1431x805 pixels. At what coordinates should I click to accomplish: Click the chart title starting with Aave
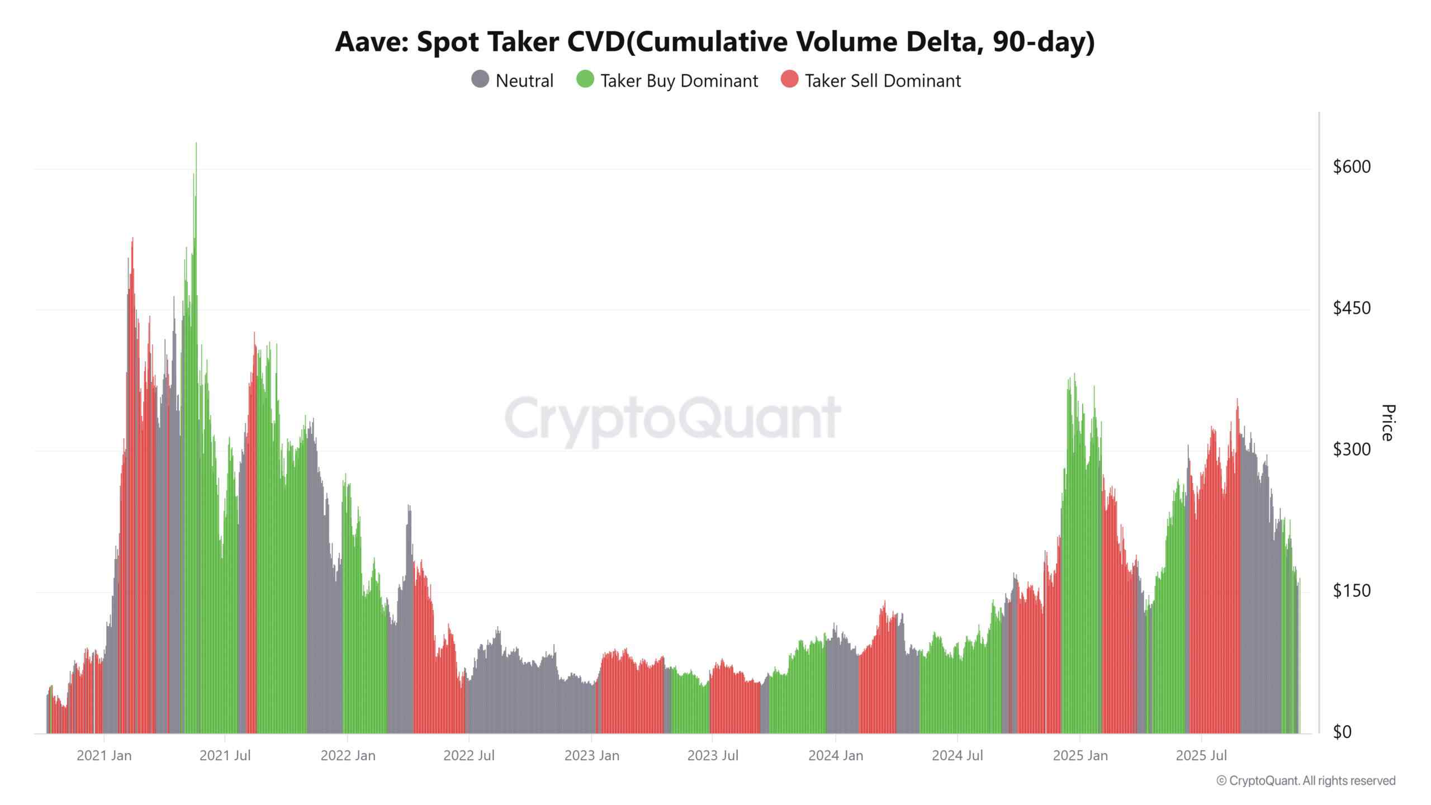(x=714, y=42)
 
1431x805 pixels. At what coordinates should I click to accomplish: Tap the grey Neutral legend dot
(x=480, y=79)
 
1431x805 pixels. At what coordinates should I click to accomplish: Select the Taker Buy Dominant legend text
(x=679, y=81)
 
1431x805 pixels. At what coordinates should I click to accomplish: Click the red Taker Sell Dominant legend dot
(x=789, y=79)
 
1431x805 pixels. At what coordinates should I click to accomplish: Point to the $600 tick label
(x=1352, y=167)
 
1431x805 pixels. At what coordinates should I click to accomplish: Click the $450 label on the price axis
(x=1352, y=308)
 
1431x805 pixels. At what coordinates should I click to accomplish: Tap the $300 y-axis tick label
(x=1352, y=449)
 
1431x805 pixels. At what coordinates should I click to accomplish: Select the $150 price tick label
(x=1352, y=590)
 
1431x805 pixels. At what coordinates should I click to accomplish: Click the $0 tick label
(x=1342, y=732)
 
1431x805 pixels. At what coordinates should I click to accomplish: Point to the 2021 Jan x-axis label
(x=104, y=756)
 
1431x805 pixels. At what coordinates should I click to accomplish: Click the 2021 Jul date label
(x=225, y=756)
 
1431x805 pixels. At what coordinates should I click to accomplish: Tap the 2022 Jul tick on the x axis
(x=468, y=756)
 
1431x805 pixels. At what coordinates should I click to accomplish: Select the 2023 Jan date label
(x=591, y=756)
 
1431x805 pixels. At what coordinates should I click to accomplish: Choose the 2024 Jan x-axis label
(x=836, y=756)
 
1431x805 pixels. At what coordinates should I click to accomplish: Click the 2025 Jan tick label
(x=1080, y=756)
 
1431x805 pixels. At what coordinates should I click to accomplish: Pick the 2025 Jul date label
(x=1201, y=756)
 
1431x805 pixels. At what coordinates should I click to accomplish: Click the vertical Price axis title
(x=1387, y=423)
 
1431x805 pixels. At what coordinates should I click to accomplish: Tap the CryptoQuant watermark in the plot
(x=672, y=418)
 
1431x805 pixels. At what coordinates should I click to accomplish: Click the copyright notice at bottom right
(x=1306, y=781)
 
